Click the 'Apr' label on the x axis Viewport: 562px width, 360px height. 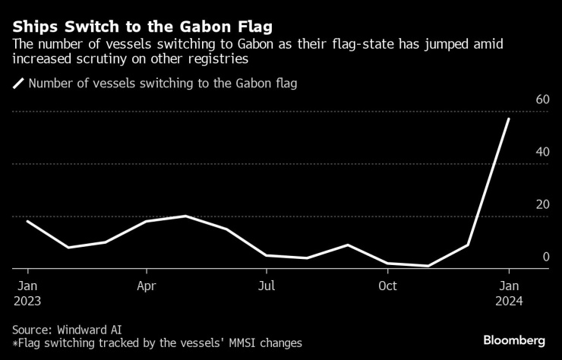coord(147,286)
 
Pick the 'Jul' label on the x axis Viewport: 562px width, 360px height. coord(267,286)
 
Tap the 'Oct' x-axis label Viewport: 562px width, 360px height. coord(387,286)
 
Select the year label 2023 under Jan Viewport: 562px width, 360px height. coord(27,300)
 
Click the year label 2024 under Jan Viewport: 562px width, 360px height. coord(509,300)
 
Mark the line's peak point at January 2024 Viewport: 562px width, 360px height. coord(509,118)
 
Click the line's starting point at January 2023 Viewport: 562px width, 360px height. coord(27,221)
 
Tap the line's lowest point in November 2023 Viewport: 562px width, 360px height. coord(428,266)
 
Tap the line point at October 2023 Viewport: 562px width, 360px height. coord(387,263)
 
